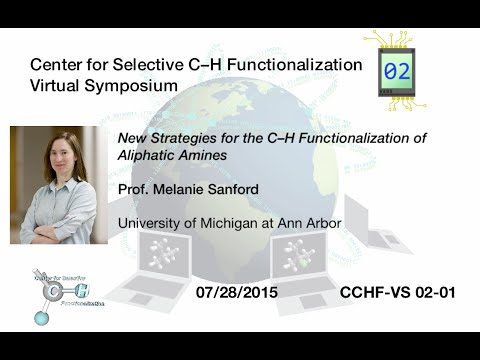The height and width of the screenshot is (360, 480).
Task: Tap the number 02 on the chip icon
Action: click(x=396, y=71)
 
